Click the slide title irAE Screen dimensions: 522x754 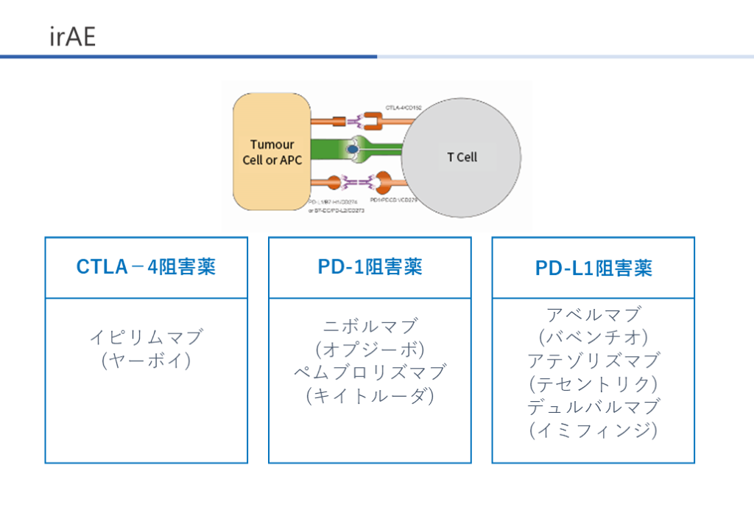point(73,37)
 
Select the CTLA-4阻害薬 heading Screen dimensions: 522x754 point(146,267)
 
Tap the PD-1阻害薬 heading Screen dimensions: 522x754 point(370,267)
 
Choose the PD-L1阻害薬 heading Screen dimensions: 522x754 point(593,268)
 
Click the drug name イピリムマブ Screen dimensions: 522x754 point(146,338)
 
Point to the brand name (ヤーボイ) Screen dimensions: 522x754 point(146,361)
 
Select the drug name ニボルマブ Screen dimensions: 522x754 point(370,326)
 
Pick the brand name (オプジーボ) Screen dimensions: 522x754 point(370,349)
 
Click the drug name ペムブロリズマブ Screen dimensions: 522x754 point(370,372)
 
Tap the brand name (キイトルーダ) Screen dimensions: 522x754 point(370,396)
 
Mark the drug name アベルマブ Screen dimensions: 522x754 point(593,315)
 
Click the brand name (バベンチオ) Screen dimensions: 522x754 point(593,338)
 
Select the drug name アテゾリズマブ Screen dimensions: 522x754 point(593,361)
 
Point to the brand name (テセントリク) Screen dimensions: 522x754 point(593,384)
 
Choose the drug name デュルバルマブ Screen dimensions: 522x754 point(593,407)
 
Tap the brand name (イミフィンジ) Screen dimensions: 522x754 point(593,430)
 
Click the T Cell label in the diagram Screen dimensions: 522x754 point(462,157)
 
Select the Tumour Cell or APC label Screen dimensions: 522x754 point(272,152)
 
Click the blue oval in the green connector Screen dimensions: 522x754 point(353,150)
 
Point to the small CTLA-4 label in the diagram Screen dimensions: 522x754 point(404,107)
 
